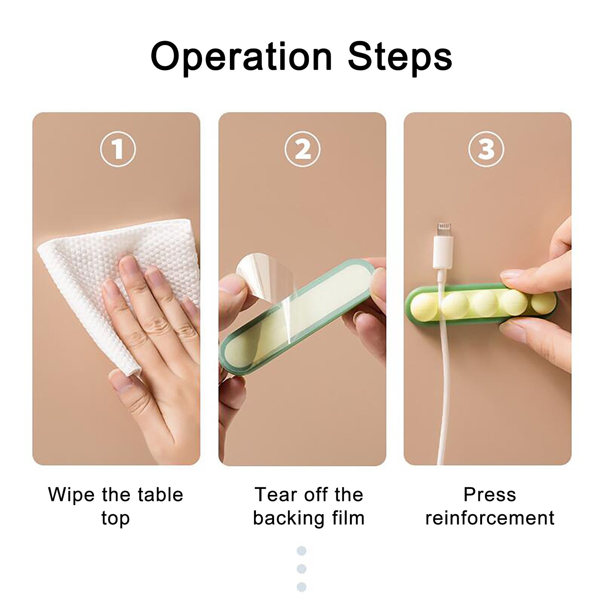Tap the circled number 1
tap(118, 149)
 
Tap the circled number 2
tap(302, 149)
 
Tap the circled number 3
tap(486, 149)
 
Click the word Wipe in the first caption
tap(71, 495)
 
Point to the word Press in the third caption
tap(490, 495)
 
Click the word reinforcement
tap(490, 518)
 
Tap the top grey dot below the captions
tap(301, 551)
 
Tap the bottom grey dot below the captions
tap(301, 587)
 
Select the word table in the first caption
tap(160, 495)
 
